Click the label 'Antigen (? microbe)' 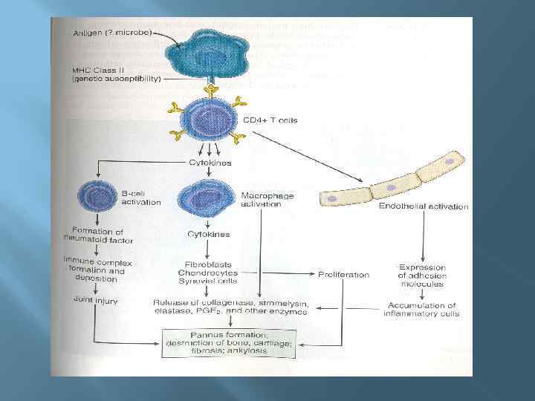(x=111, y=33)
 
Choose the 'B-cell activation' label (x=140, y=198)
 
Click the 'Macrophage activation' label (x=267, y=200)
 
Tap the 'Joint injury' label (x=95, y=301)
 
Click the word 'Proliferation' (x=343, y=275)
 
